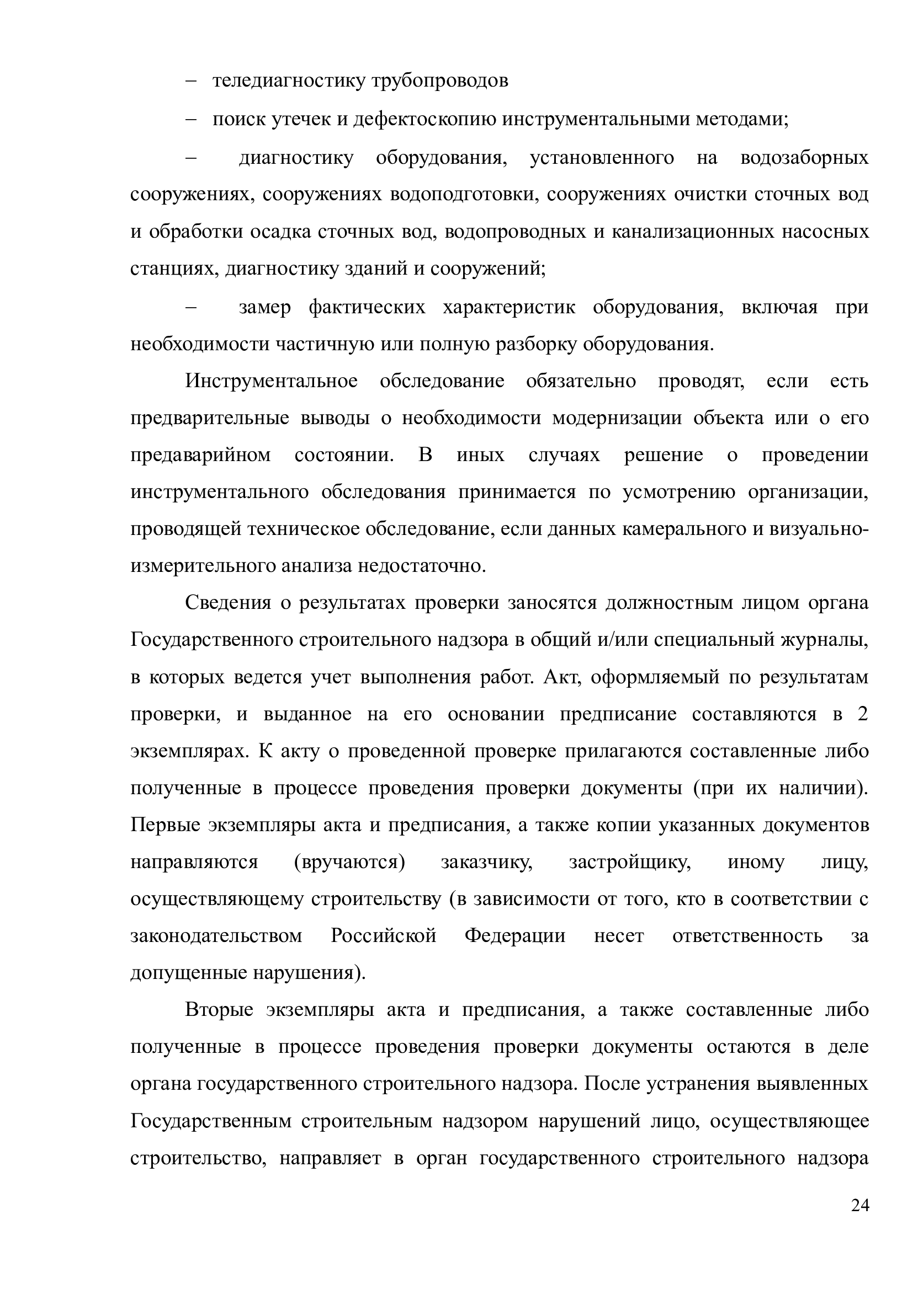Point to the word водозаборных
(x=804, y=158)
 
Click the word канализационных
(x=691, y=232)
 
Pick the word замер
(x=265, y=307)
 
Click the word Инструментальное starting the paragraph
(x=272, y=382)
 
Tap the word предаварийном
(x=201, y=455)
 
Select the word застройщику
(x=630, y=863)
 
